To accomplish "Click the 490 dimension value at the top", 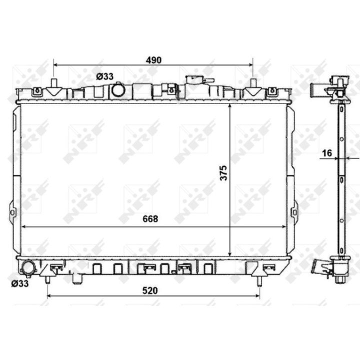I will coord(153,60).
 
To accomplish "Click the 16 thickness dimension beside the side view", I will coord(327,152).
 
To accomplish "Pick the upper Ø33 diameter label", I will coord(105,76).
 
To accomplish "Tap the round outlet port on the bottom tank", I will coord(27,268).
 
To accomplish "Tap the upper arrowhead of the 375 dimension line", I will coord(229,106).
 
